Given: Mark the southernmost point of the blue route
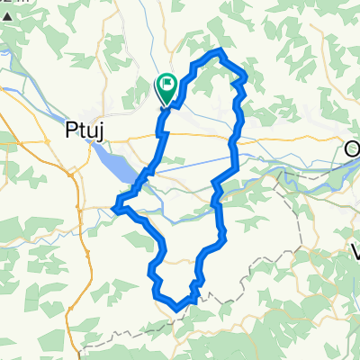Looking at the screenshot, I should click(x=176, y=308).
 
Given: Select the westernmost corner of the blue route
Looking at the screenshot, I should click(x=114, y=209).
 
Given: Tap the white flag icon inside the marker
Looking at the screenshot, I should click(x=168, y=85).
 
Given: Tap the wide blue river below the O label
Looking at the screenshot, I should click(x=333, y=175).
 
